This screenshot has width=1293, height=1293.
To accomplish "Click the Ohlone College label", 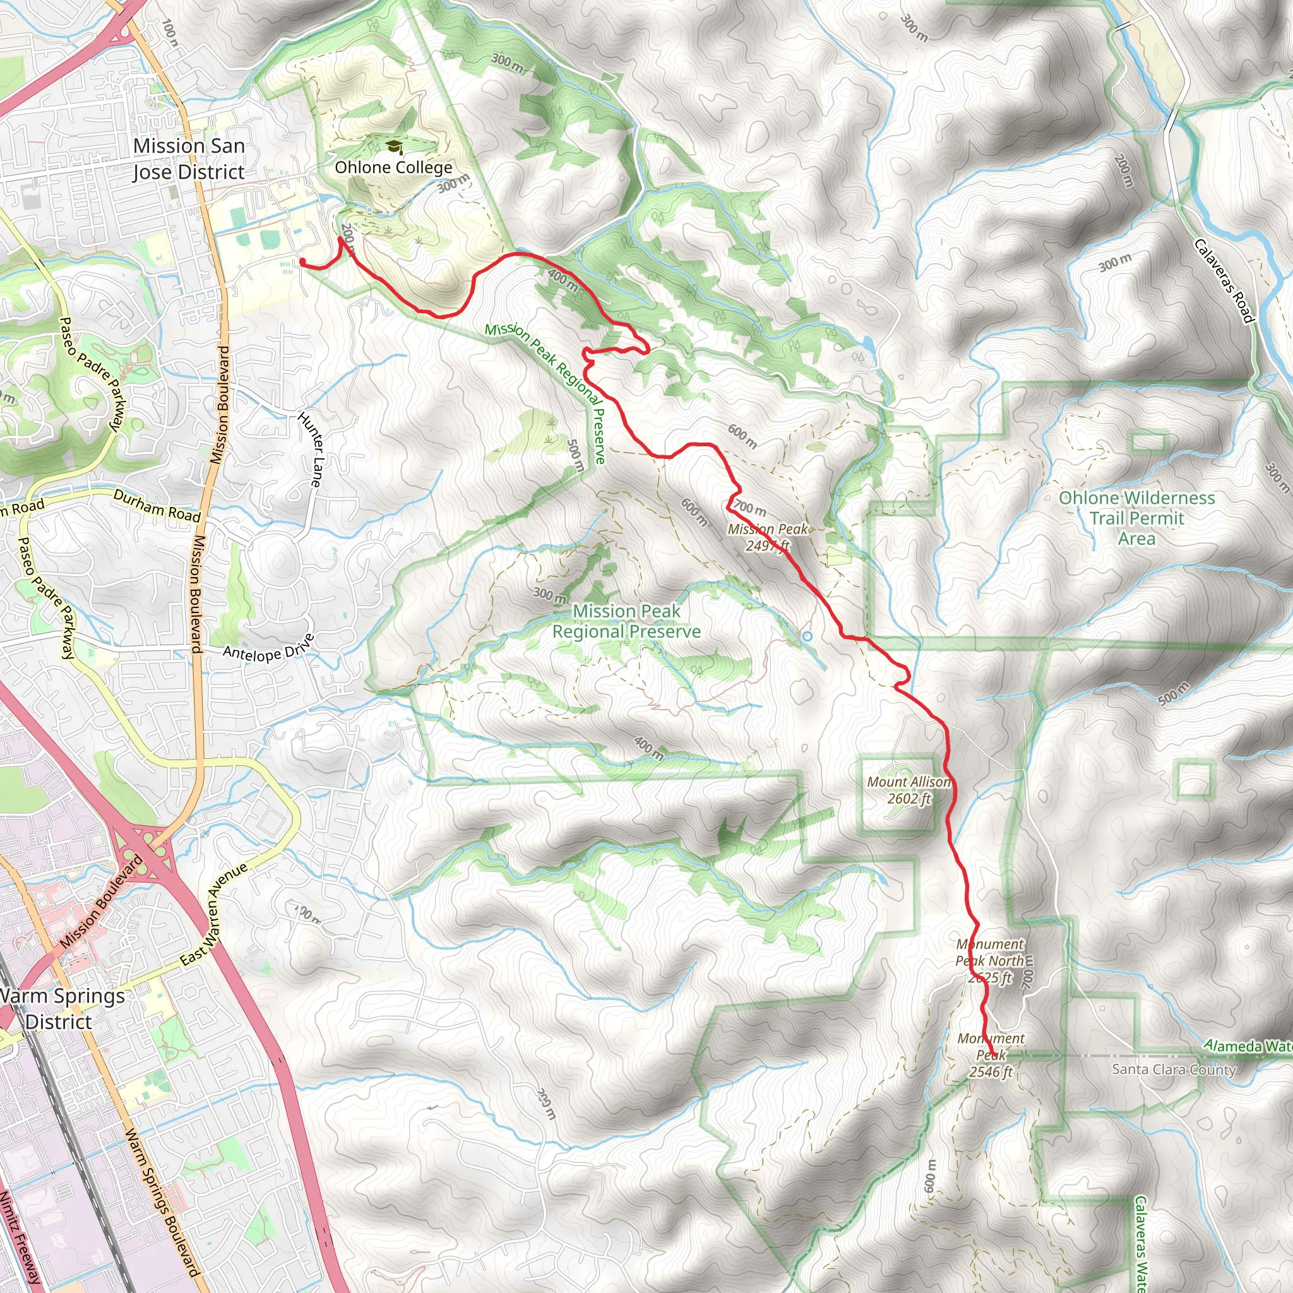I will point(393,167).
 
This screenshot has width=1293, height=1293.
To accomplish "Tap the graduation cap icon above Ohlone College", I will point(394,146).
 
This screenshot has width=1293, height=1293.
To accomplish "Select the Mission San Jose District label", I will point(189,158).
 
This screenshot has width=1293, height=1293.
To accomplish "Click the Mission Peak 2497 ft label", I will point(768,537).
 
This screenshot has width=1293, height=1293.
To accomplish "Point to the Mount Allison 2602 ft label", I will point(908,790).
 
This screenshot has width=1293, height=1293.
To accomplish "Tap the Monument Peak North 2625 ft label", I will point(990,960).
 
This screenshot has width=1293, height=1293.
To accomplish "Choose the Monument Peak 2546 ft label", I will point(991,1055).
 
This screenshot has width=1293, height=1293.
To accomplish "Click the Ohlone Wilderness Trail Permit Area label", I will point(1136,518).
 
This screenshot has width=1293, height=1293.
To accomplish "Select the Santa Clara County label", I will point(1173,1070).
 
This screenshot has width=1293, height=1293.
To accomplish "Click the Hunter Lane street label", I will point(310,449).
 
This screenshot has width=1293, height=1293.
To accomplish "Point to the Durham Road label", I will point(157,506).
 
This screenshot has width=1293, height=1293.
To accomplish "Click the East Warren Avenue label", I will point(214,914).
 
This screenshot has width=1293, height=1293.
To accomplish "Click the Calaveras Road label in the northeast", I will point(1223,281).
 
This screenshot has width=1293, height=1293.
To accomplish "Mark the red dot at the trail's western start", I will point(302,261).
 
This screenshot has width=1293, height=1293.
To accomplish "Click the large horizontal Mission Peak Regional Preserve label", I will point(626,621).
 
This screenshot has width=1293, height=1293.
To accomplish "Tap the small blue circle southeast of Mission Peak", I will point(807,636).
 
